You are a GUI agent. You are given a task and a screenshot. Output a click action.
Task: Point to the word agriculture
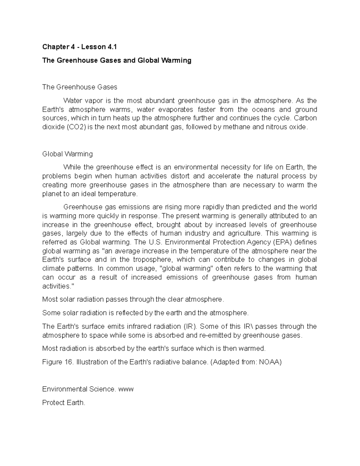click(244, 233)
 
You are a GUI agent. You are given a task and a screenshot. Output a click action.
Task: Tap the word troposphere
click(152, 260)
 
